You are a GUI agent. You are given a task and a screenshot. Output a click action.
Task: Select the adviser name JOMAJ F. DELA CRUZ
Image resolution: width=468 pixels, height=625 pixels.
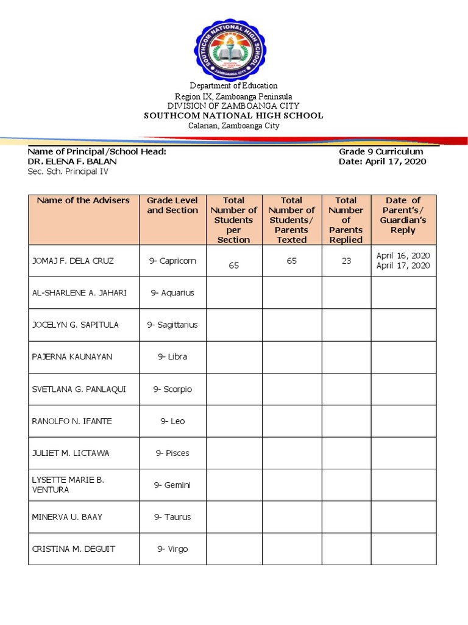[x=73, y=261]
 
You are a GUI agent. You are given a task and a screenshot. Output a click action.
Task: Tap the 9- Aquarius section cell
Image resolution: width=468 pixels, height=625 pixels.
[x=172, y=293]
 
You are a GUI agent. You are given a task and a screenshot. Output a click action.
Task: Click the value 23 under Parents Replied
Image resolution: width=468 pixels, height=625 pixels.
[x=346, y=261]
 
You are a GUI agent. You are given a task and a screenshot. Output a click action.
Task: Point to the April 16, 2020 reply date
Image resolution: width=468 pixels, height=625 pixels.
[x=403, y=255]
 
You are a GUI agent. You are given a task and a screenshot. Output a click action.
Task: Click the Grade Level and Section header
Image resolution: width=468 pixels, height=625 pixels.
[x=172, y=205]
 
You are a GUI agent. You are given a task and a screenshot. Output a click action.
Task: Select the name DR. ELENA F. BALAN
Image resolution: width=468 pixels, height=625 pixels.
[x=73, y=162]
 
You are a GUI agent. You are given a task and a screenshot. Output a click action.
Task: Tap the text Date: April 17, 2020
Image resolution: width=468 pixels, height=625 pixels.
[x=382, y=162]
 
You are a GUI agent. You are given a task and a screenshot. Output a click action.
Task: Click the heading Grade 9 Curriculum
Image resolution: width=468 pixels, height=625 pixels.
[x=381, y=151]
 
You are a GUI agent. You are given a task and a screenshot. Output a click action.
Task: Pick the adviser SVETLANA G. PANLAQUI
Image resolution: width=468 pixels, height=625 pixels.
[x=79, y=389]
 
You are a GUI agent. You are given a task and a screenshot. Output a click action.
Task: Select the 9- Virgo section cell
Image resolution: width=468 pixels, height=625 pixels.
[x=172, y=549]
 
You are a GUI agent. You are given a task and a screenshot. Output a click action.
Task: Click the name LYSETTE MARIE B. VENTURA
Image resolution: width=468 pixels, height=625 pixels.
[x=68, y=485]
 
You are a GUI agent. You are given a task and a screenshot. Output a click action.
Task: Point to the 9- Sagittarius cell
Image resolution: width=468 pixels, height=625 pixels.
[x=172, y=325]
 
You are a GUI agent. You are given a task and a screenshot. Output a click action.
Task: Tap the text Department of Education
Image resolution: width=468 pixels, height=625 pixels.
[x=233, y=86]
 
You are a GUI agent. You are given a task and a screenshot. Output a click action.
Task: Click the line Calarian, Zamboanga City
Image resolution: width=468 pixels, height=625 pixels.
[x=233, y=126]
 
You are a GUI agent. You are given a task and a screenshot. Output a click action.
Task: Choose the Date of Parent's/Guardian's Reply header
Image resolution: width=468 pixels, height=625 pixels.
[x=403, y=215]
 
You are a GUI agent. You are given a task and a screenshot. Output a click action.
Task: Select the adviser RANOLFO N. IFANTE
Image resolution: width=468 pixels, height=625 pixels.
[x=72, y=421]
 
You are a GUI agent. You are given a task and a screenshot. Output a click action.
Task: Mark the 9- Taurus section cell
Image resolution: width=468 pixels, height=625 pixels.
[x=172, y=517]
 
